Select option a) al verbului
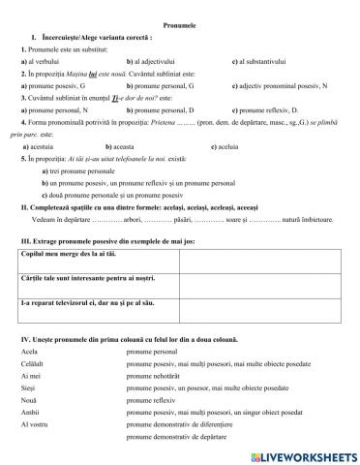40,61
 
